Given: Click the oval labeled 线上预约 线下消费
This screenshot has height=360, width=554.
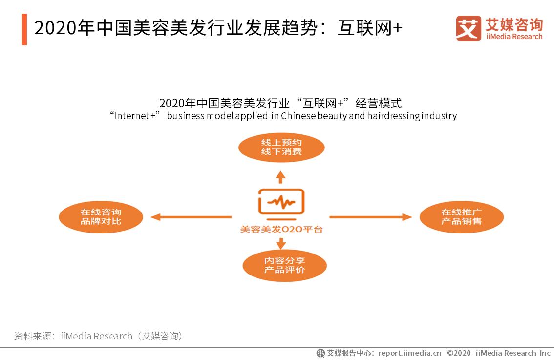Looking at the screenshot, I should (x=281, y=147).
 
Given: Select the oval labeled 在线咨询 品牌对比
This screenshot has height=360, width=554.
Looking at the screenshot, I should (x=101, y=217).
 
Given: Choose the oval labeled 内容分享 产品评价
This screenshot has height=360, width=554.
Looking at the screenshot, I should (x=284, y=265).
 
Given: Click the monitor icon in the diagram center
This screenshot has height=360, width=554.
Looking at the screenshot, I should (x=281, y=201).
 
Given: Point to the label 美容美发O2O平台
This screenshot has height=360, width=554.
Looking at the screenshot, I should (x=281, y=229).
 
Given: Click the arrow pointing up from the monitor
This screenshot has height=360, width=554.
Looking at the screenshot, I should (x=281, y=176).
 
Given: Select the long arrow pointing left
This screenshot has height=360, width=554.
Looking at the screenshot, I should (x=191, y=217).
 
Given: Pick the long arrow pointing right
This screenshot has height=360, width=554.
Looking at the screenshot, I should (x=370, y=217).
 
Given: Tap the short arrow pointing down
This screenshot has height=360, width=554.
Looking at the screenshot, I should (x=281, y=242).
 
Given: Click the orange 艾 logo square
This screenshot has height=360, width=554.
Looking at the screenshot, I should (x=469, y=28).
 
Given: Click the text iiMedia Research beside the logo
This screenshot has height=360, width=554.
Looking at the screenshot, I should (x=514, y=37).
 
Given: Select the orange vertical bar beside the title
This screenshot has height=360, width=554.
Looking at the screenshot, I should (x=24, y=29).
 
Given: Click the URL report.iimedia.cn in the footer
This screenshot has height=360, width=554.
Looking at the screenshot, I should (x=409, y=353).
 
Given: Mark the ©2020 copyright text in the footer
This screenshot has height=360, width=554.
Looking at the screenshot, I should (x=459, y=353).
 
